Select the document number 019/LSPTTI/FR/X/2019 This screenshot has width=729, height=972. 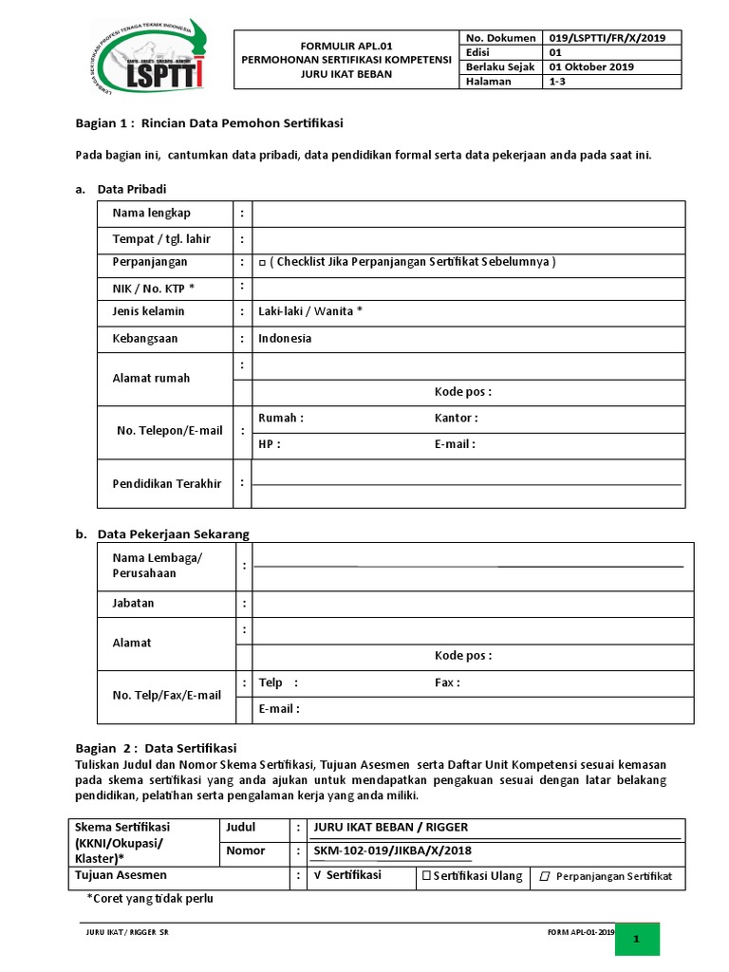[x=607, y=38]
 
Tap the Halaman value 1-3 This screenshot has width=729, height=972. [x=559, y=82]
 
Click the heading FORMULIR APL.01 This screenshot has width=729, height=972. [x=346, y=44]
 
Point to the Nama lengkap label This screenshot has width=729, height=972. [x=152, y=213]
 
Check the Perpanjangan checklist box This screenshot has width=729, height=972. [x=262, y=263]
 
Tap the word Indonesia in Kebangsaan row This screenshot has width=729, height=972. [x=285, y=338]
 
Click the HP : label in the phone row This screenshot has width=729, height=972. [x=270, y=443]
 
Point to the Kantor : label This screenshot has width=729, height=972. [x=457, y=418]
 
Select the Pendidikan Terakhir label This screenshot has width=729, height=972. [x=167, y=483]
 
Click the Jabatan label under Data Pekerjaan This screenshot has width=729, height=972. [x=133, y=603]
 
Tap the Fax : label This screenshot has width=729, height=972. [x=447, y=682]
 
